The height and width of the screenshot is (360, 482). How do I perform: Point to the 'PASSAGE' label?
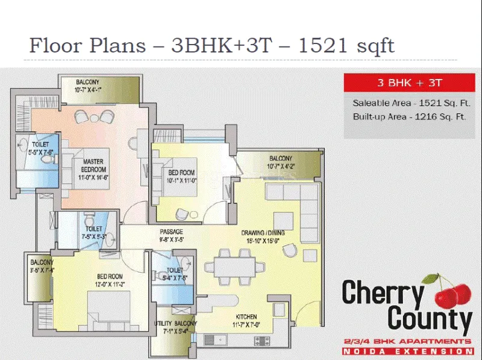click(171, 232)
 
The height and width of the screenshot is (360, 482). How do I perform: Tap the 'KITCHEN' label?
click(246, 317)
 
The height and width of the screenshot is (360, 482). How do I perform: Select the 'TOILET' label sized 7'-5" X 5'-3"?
click(93, 229)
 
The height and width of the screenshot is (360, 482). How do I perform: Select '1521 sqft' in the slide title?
click(347, 45)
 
